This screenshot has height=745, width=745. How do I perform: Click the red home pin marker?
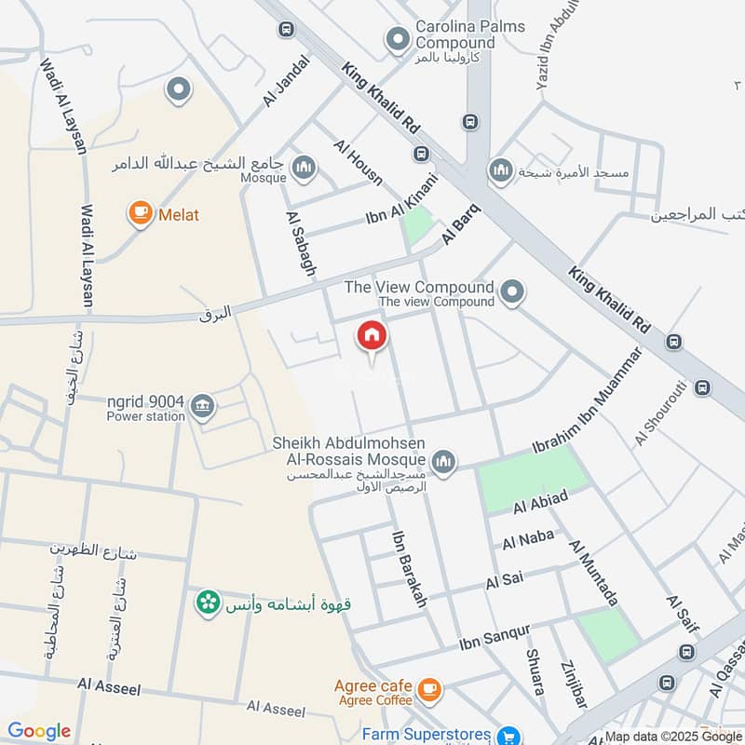[x=372, y=338]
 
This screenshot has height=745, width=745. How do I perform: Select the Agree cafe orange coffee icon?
[x=428, y=689]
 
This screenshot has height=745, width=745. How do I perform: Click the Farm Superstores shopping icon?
[x=508, y=735]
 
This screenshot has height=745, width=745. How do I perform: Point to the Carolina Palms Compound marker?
[x=398, y=40]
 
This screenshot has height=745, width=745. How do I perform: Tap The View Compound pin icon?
[x=511, y=293]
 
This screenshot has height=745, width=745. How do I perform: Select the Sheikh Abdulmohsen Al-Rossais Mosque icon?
[x=444, y=461]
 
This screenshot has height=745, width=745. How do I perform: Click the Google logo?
[x=39, y=731]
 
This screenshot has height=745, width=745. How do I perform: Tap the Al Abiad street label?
[x=540, y=502]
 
